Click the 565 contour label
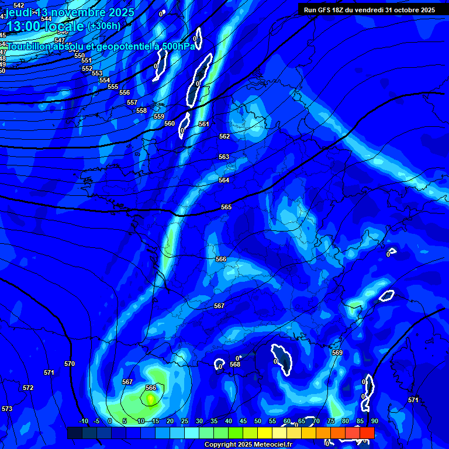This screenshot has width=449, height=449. (x=226, y=208)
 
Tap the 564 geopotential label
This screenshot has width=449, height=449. (x=224, y=181)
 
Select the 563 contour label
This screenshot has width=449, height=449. (x=224, y=157)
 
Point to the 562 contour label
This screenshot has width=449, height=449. (x=224, y=136)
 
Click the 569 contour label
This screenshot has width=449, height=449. (x=337, y=353)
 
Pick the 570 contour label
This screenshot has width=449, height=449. (x=70, y=364)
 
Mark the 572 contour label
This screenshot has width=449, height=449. (x=28, y=388)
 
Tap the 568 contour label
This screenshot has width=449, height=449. (x=235, y=364)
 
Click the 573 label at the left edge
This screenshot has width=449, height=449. (x=7, y=409)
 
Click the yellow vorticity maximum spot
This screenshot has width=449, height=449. (x=151, y=399)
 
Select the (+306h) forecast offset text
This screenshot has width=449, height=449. (x=103, y=26)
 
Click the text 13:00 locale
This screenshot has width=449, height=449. (x=46, y=26)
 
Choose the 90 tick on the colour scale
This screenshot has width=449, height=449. (x=374, y=422)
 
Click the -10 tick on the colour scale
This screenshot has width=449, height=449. (x=83, y=422)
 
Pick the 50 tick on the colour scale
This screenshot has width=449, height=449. (x=258, y=422)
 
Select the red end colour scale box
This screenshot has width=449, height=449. (x=367, y=433)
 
